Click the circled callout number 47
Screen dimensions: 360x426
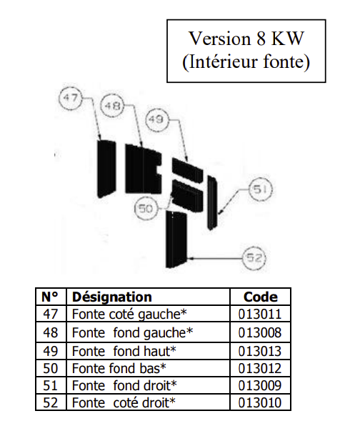(71, 97)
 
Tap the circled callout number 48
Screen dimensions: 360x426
(112, 105)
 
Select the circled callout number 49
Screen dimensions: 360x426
(156, 119)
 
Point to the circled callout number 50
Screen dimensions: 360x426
(146, 209)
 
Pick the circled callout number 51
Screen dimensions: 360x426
(261, 189)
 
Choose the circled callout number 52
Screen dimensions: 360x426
(254, 257)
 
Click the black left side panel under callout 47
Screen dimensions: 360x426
(106, 169)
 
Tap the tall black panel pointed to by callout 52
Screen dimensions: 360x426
(176, 239)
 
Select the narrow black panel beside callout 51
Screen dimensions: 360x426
(211, 202)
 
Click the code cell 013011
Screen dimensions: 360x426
(260, 314)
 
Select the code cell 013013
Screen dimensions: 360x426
(260, 351)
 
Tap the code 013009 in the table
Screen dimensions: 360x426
(260, 385)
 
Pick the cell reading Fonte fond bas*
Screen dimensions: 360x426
(119, 368)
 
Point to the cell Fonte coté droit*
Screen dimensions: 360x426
(124, 402)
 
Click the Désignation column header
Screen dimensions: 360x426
(112, 297)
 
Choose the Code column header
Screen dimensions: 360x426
(261, 297)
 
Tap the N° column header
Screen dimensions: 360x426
(50, 297)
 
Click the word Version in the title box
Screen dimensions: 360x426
(219, 39)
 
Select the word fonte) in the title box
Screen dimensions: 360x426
(286, 62)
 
